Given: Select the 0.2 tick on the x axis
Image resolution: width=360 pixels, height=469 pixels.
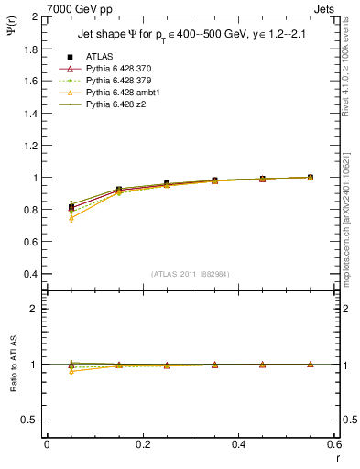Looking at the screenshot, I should click(x=142, y=445).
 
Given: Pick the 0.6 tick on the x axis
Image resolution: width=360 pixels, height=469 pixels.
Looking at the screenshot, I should click(x=333, y=445).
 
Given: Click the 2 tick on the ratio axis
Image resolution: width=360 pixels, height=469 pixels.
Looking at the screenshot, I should click(x=37, y=309).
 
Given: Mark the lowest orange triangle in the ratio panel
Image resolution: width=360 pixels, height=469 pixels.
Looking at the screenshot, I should click(x=71, y=371).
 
